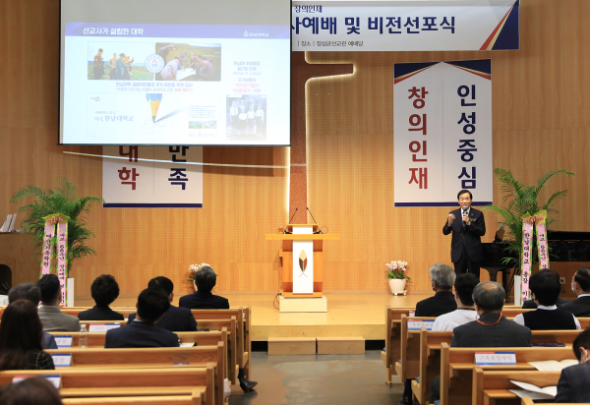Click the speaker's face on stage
[464, 198]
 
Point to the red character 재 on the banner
[418, 180]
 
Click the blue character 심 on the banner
[466, 181]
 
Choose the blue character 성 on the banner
[466, 125]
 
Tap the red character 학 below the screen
[128, 177]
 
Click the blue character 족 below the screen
[177, 178]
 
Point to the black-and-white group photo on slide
[246, 117]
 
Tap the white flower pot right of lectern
[397, 286]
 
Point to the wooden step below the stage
[316, 345]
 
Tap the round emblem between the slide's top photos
[154, 64]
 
